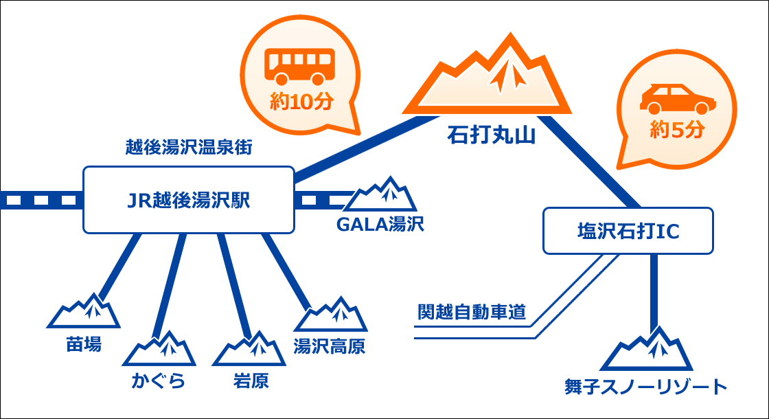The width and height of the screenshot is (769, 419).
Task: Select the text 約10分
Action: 301,101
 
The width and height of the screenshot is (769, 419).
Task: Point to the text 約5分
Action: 676,130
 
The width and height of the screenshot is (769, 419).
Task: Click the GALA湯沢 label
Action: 380,225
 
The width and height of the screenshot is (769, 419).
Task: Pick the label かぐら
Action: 159,381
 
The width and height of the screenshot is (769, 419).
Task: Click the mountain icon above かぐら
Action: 160,350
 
